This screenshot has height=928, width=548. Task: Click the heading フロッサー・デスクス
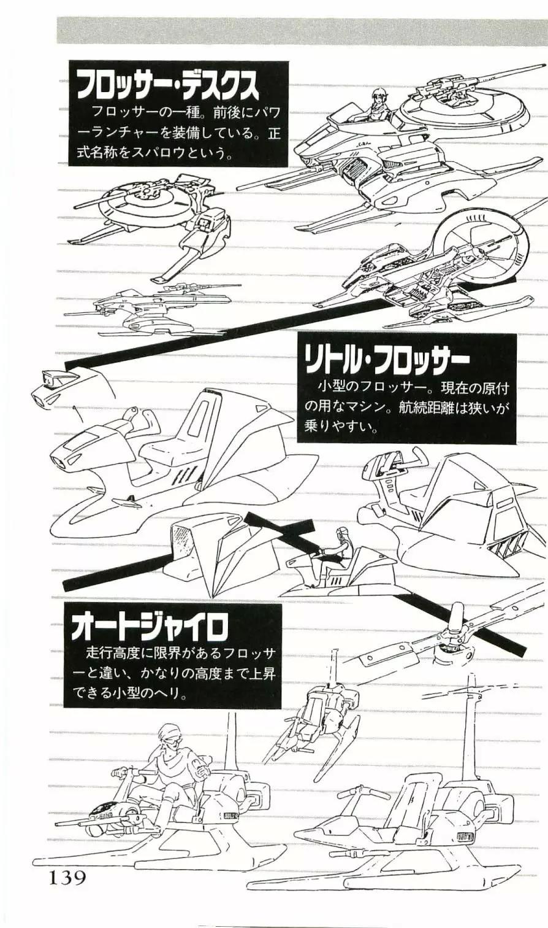click(x=167, y=86)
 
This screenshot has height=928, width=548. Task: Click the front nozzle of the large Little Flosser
click(x=62, y=460)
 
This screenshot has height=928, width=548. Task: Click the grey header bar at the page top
click(x=302, y=31)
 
